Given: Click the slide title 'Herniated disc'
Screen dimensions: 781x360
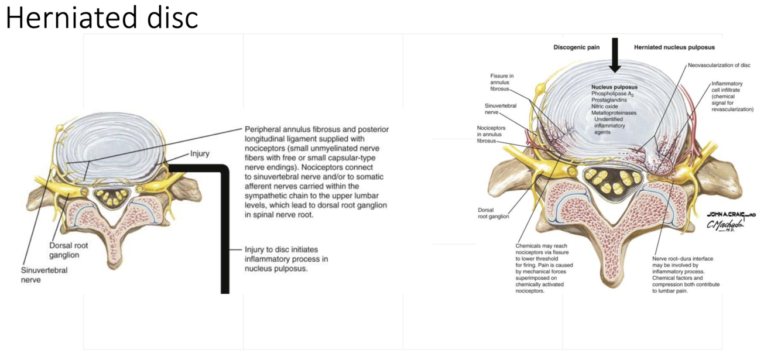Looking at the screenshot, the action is (x=102, y=18).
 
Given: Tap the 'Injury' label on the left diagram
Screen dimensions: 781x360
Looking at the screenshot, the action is (x=200, y=154).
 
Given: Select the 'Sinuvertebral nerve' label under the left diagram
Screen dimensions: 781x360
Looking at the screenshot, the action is (x=45, y=275).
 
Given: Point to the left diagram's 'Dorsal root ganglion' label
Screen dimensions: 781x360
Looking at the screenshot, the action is (x=68, y=251).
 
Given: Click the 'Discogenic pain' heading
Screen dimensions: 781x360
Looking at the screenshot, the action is (x=577, y=47).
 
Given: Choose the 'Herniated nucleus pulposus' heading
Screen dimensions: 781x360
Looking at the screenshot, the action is (x=674, y=47).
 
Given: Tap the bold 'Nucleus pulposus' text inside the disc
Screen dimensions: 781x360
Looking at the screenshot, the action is (x=614, y=87).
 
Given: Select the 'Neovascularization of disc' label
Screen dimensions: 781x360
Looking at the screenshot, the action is (x=719, y=66).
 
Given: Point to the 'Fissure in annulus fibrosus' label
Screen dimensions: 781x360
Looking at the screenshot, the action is (x=501, y=83).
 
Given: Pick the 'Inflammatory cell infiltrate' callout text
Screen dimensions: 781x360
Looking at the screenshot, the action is (x=732, y=97).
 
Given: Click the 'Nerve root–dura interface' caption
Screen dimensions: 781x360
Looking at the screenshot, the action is (x=686, y=274).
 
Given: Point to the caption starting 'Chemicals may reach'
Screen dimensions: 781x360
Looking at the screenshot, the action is (x=544, y=269).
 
